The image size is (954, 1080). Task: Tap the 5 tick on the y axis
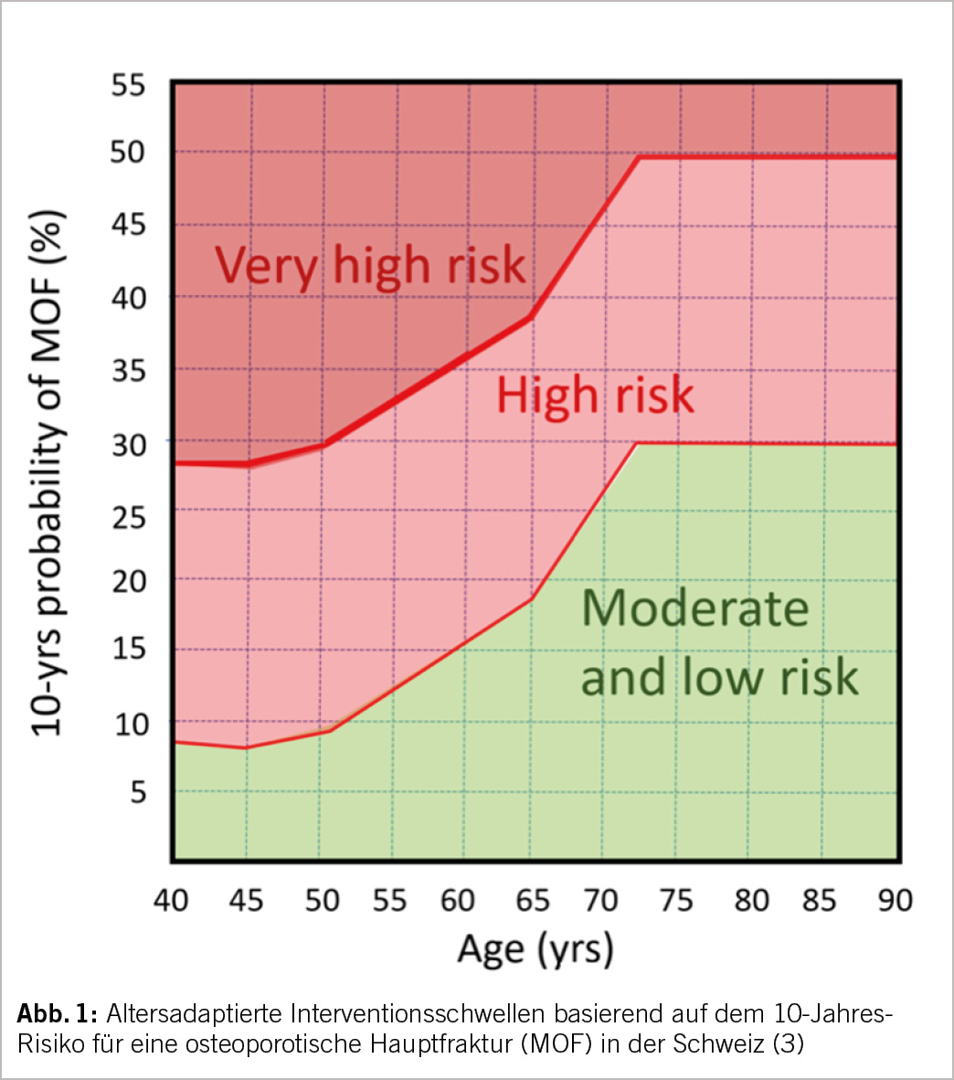pyautogui.click(x=138, y=791)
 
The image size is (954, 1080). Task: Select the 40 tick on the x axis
pyautogui.click(x=171, y=900)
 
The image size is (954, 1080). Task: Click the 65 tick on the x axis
pyautogui.click(x=532, y=900)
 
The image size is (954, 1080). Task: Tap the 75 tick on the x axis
pyautogui.click(x=675, y=900)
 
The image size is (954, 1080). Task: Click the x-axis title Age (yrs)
pyautogui.click(x=535, y=950)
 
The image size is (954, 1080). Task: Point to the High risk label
pyautogui.click(x=595, y=396)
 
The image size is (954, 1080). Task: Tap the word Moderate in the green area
pyautogui.click(x=695, y=609)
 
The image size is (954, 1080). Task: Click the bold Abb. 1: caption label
pyautogui.click(x=57, y=1014)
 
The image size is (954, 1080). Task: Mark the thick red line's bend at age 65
pyautogui.click(x=531, y=317)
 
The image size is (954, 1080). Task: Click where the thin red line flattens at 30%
pyautogui.click(x=636, y=443)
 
